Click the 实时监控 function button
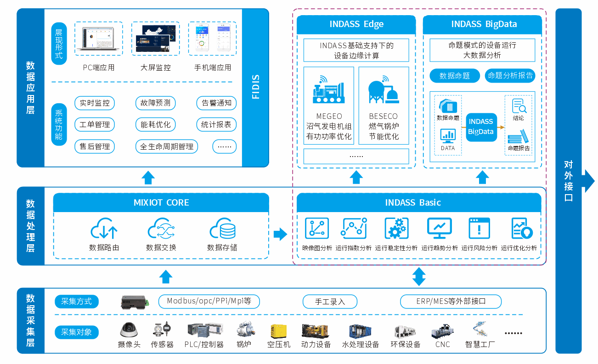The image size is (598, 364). pyautogui.click(x=95, y=103)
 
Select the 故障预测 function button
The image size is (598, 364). pyautogui.click(x=155, y=103)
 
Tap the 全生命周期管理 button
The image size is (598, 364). pyautogui.click(x=167, y=147)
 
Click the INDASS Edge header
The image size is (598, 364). pyautogui.click(x=356, y=24)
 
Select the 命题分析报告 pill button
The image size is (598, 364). pyautogui.click(x=510, y=76)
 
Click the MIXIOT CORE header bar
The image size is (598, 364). pyautogui.click(x=161, y=202)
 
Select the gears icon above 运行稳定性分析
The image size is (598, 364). pyautogui.click(x=396, y=228)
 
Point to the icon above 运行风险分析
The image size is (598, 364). pyautogui.click(x=479, y=228)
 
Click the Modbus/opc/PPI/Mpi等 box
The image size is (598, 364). pyautogui.click(x=209, y=302)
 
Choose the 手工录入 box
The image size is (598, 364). pyautogui.click(x=330, y=302)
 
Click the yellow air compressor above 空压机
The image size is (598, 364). pyautogui.click(x=278, y=330)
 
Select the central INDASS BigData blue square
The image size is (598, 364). pyautogui.click(x=480, y=127)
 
